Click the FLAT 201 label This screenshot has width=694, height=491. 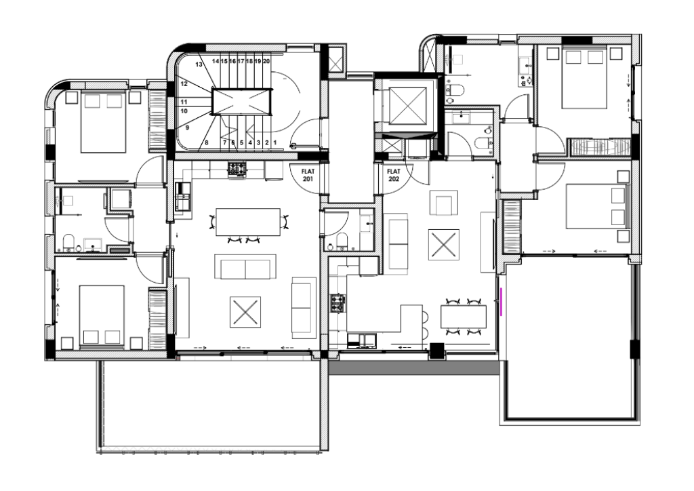308,176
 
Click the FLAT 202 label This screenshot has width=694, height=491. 394,176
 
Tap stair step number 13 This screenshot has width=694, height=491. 199,64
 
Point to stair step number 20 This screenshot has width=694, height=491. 266,61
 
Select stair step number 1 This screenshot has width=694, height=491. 275,142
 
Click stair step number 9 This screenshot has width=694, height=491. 187,127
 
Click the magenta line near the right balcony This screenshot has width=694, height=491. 501,302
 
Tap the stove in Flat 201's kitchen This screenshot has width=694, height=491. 237,170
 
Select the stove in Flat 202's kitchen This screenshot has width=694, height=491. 338,303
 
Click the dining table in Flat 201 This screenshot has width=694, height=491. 248,222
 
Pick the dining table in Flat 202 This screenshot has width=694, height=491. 464,317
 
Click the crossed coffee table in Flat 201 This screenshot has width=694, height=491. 245,312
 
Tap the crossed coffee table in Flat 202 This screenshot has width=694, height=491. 443,244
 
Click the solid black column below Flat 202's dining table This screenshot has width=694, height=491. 437,351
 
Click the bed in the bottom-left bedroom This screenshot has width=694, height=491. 102,315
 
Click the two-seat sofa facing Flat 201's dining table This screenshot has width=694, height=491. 245,267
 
